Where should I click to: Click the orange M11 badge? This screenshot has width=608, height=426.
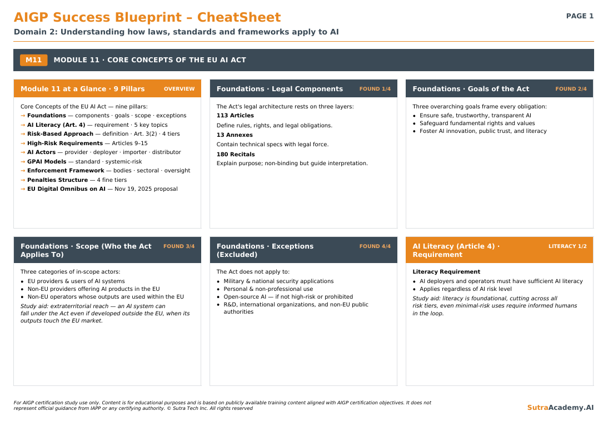click(34, 60)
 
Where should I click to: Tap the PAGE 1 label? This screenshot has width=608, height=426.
click(580, 16)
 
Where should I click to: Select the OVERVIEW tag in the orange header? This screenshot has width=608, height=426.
click(179, 89)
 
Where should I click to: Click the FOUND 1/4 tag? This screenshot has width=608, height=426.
click(375, 89)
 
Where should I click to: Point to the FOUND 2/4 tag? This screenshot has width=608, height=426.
click(571, 89)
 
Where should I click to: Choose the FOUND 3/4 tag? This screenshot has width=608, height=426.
click(179, 246)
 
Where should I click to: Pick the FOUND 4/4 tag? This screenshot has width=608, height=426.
click(375, 246)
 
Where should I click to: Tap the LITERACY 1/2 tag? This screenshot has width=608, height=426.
click(567, 246)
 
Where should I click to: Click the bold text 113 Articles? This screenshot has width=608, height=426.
click(235, 116)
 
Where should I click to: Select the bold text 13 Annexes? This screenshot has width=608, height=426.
click(235, 135)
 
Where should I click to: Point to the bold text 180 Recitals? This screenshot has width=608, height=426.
click(236, 155)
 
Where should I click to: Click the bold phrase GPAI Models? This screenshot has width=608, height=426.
click(47, 161)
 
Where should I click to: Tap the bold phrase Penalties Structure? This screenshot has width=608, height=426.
click(57, 180)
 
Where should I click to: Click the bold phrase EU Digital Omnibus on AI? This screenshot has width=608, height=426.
click(66, 189)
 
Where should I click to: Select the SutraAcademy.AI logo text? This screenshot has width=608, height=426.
click(560, 408)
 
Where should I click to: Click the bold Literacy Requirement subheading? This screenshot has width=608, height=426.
click(446, 272)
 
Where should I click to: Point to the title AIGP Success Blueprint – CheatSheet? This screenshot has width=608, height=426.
click(147, 17)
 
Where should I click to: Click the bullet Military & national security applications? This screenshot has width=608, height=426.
click(278, 281)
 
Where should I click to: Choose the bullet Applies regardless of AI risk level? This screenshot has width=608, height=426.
click(465, 289)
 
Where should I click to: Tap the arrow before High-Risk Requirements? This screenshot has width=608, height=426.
click(23, 143)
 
